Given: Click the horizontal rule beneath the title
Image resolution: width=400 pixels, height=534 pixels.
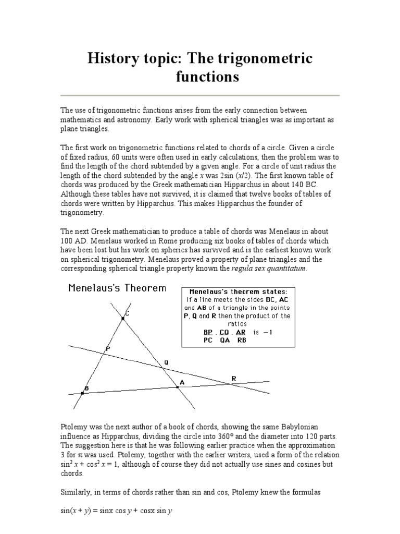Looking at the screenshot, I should click(200, 95).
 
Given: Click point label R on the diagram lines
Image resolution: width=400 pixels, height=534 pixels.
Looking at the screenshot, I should click(233, 378).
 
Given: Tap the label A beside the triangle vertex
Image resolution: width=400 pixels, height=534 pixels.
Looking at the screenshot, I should click(182, 382).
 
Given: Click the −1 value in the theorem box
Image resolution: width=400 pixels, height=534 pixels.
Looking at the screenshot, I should click(273, 332).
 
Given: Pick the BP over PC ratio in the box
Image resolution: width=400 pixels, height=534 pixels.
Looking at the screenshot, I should click(208, 336).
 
